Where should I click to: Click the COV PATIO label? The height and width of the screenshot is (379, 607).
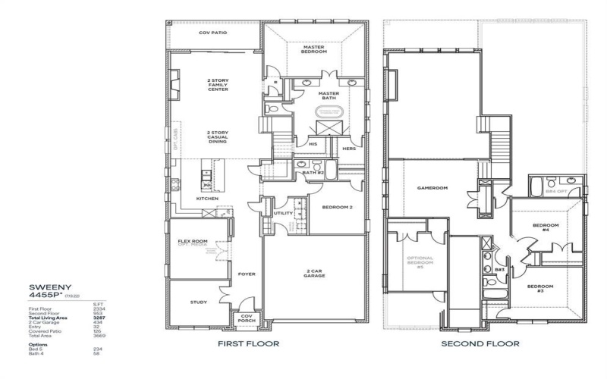(x=214, y=33)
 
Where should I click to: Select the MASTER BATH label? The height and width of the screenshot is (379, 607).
(x=329, y=96)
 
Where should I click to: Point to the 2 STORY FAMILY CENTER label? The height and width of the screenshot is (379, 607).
(x=219, y=84)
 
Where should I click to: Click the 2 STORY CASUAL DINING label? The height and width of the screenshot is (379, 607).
(x=219, y=136)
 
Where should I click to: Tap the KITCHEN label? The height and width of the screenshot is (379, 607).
(x=207, y=199)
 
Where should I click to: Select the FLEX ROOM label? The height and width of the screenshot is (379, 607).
(x=192, y=243)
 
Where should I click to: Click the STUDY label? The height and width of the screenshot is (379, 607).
(x=197, y=302)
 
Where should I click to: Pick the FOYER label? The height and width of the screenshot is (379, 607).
(x=246, y=274)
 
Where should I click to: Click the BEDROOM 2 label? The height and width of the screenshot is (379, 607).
(x=337, y=207)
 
